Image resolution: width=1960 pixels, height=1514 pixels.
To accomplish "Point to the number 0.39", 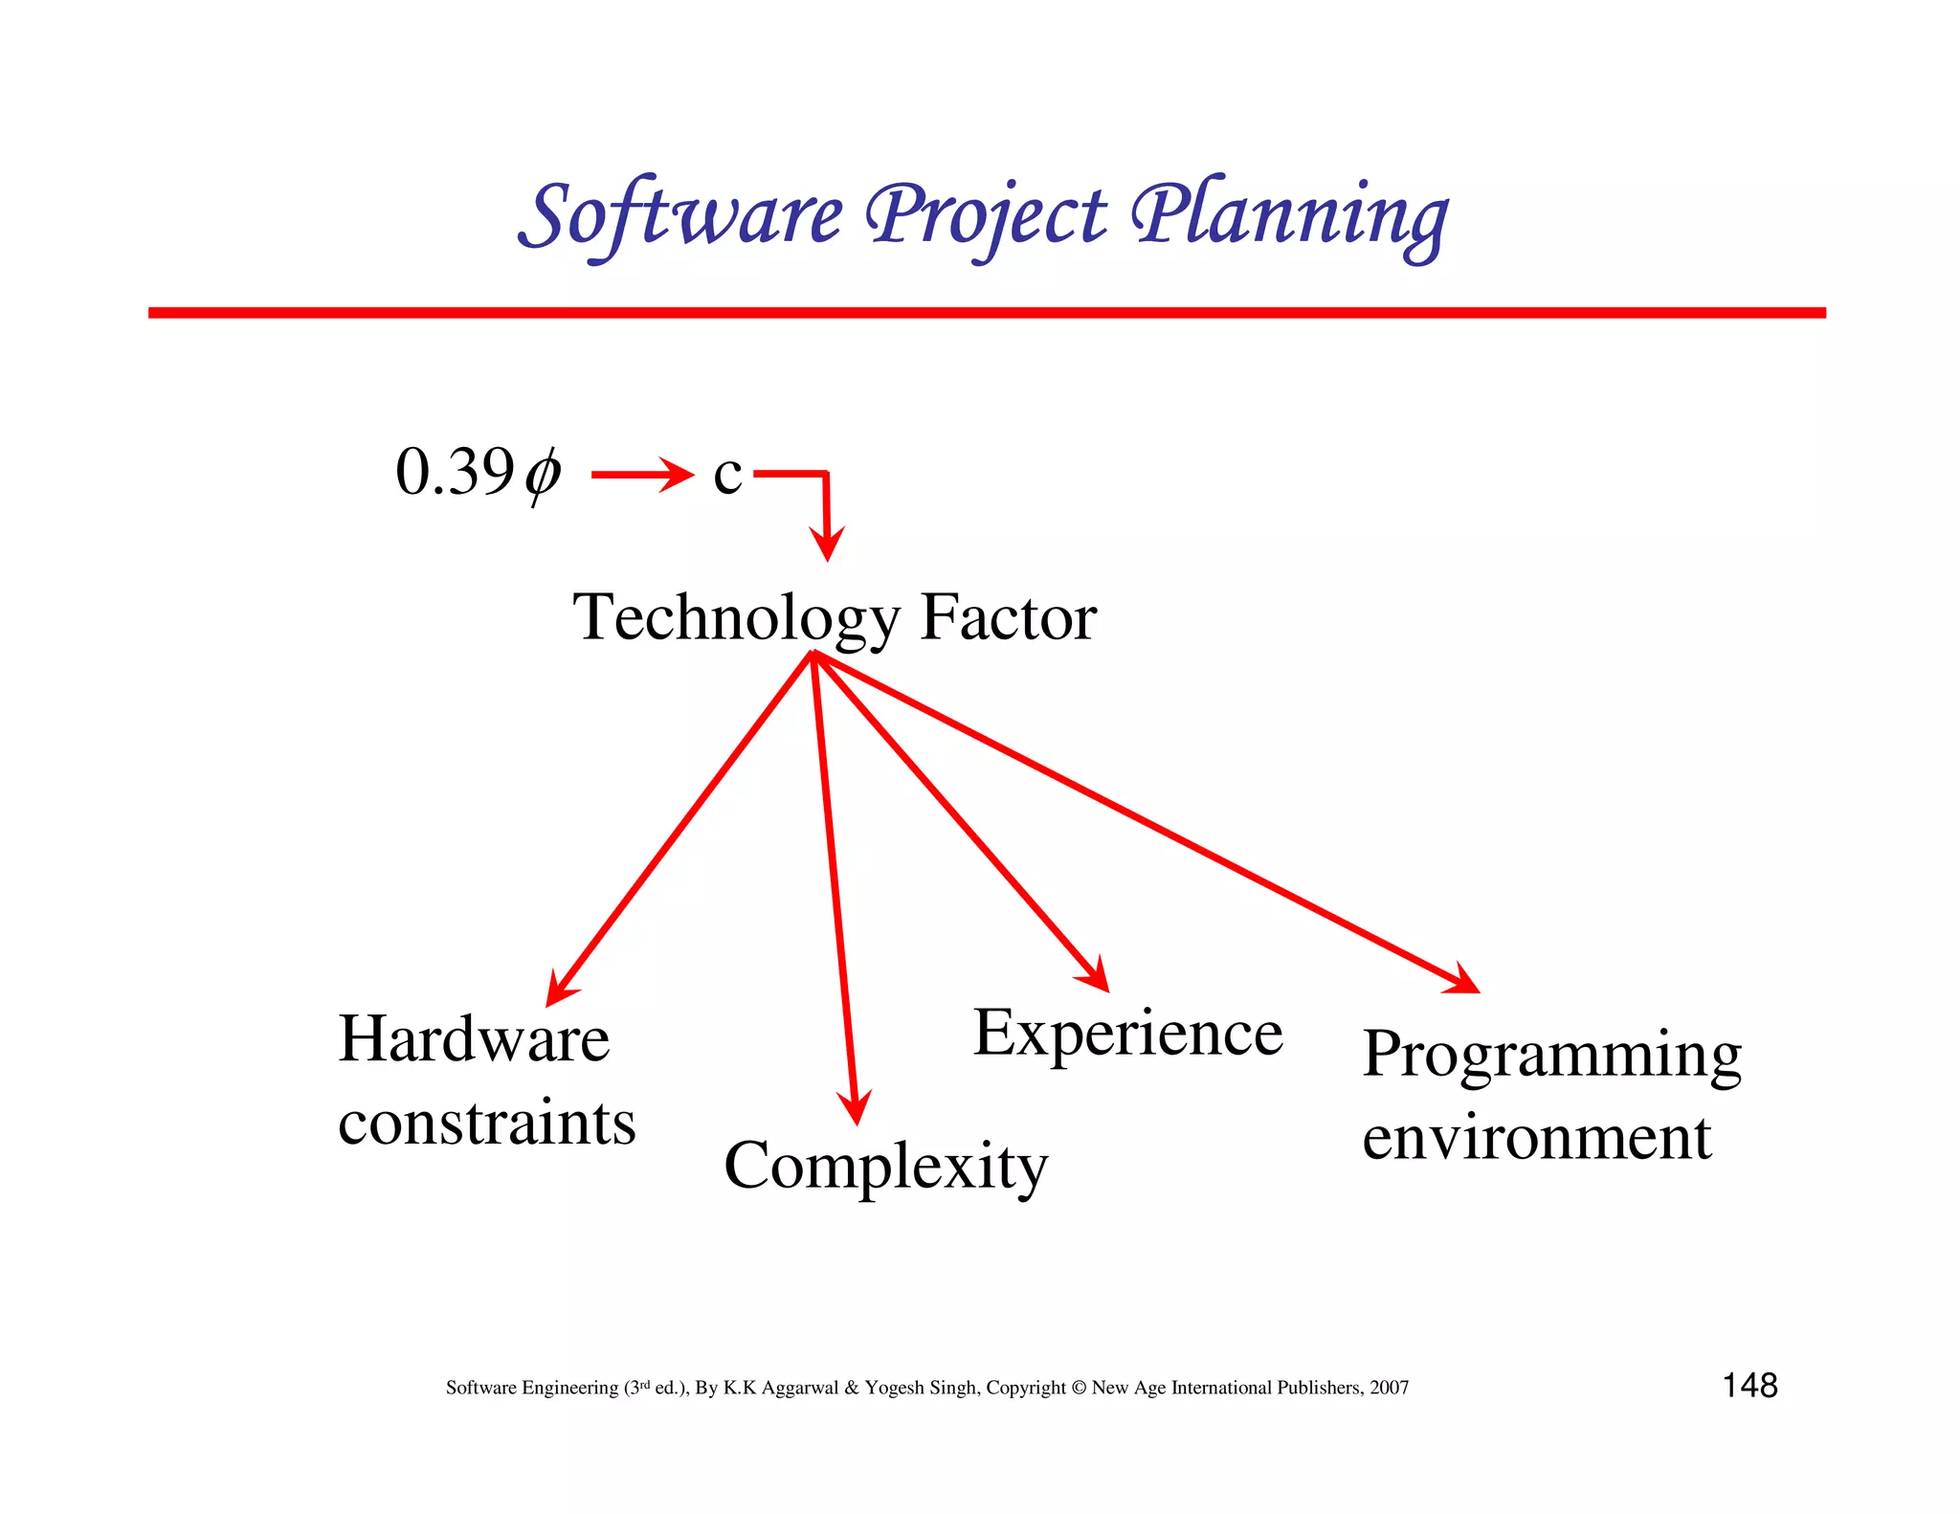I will coord(455,472).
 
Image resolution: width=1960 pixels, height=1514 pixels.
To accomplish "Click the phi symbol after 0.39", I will coord(543,474).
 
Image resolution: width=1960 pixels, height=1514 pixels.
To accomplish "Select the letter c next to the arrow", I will coord(727,475).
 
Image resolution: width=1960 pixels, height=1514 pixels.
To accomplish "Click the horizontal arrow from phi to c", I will coord(641,474).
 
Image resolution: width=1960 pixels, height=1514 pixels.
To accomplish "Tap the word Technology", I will coord(736,617).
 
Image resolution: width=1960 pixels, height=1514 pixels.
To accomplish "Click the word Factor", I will coord(1008,617).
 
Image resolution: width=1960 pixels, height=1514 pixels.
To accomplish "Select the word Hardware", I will coord(474,1039).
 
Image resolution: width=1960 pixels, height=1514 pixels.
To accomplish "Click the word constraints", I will coord(486,1123).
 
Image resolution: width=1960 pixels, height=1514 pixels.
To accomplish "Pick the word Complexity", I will coord(885,1166).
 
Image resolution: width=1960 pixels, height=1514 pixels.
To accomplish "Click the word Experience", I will coord(1127,1034).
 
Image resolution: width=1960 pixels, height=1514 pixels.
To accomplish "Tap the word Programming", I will coord(1551,1056).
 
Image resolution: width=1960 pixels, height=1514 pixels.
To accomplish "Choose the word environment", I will coord(1536,1138).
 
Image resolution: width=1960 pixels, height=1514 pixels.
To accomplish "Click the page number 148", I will coord(1749,1386).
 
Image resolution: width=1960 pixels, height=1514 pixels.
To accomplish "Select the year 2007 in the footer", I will coord(1389,1388).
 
